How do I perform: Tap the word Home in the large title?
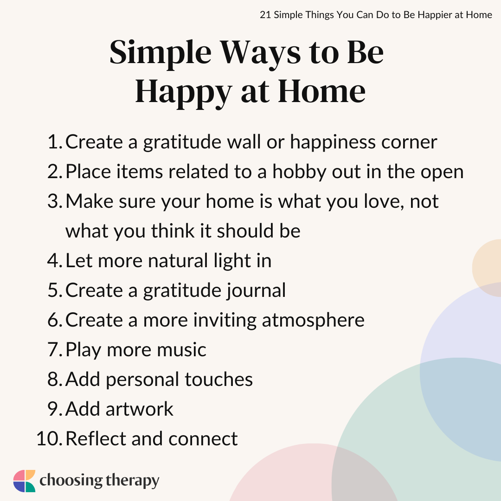(322, 92)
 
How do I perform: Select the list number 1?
(54, 142)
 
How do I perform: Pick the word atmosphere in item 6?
(313, 320)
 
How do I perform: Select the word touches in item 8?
(218, 379)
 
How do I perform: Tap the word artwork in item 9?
(139, 409)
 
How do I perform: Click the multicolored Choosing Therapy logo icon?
(24, 481)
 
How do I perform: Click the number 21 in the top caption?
(265, 15)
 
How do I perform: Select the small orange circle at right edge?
(487, 268)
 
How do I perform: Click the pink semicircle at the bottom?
(313, 473)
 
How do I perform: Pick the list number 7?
(55, 350)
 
